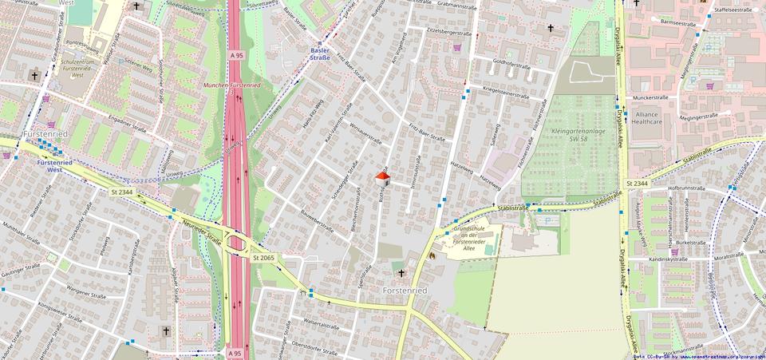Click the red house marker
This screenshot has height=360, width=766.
[383, 177]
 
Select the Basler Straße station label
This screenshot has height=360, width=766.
[320, 53]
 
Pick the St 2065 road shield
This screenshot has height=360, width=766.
[263, 258]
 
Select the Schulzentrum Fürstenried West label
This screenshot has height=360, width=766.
[77, 65]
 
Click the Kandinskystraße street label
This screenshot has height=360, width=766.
[668, 259]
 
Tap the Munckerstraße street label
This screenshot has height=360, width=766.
[650, 98]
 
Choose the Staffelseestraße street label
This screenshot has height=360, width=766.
[733, 10]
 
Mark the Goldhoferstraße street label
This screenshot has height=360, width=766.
[512, 65]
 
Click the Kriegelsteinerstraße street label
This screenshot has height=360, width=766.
[503, 94]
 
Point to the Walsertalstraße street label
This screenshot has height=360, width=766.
[322, 324]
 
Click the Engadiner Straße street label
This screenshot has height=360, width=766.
[128, 128]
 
